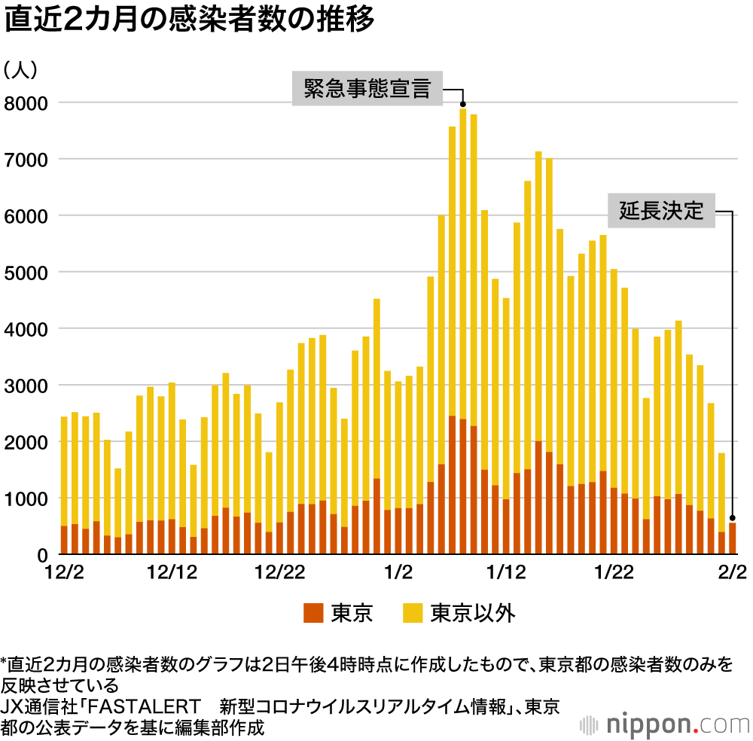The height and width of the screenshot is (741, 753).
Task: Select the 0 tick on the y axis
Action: tap(44, 555)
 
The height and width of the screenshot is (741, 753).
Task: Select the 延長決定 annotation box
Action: tap(661, 211)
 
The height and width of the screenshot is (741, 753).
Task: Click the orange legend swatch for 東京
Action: tap(313, 613)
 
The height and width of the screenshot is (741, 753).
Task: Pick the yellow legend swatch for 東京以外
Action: tap(413, 613)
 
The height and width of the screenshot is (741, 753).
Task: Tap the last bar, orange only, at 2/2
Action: tap(733, 539)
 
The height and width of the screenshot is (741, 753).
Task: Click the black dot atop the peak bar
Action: tap(463, 105)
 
